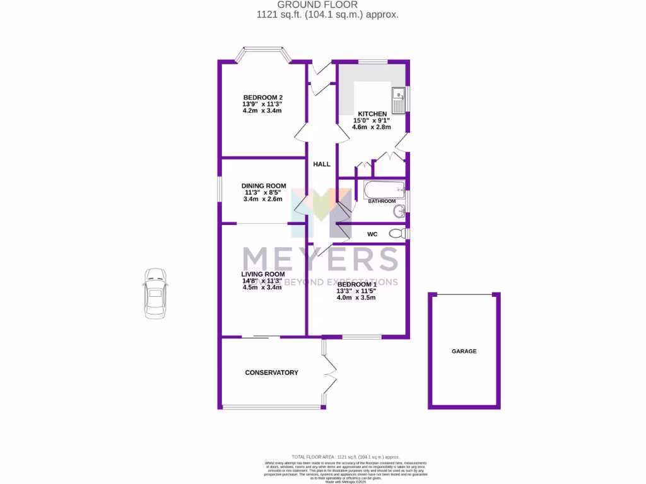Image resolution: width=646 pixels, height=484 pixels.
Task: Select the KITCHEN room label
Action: point(372,113)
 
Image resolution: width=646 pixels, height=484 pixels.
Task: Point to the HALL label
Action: point(322,164)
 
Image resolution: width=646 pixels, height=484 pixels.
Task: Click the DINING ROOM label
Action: point(264,186)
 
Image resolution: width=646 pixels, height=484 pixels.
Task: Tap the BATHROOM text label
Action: point(382,202)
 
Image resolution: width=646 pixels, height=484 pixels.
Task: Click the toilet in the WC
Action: point(397,234)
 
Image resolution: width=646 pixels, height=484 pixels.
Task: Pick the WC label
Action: point(372,234)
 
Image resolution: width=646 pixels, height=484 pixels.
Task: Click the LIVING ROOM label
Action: point(262,275)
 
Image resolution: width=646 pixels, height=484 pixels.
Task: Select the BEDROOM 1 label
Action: point(356,284)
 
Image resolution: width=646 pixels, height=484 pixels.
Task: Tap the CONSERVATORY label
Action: point(271,372)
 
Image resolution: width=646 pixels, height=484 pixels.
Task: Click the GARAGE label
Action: point(464,351)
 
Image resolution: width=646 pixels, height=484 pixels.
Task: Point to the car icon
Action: point(155,293)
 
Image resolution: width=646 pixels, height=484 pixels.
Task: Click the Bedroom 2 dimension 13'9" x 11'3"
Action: point(262,104)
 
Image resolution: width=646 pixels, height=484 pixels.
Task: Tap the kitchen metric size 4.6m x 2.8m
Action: point(372,127)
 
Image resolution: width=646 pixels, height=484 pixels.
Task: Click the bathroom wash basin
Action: point(399,212)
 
